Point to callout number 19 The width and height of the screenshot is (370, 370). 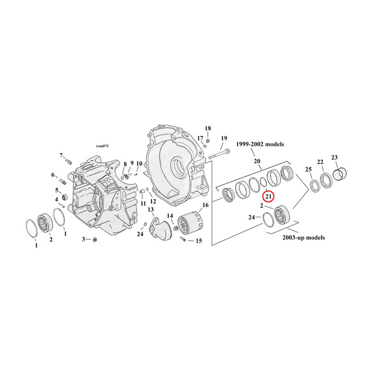tap(224, 138)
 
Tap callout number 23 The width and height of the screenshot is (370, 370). tap(334, 158)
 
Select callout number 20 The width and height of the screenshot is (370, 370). tap(257, 162)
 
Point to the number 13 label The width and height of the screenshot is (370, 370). tap(151, 210)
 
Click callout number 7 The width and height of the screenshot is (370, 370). tap(61, 155)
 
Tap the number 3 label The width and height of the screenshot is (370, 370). tap(84, 239)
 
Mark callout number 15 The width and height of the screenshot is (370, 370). tap(199, 241)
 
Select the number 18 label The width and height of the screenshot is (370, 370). tap(208, 128)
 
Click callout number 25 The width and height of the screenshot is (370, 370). tap(309, 170)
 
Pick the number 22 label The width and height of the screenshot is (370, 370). tap(320, 162)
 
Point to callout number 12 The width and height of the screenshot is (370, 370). tap(153, 202)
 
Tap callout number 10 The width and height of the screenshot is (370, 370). tap(139, 164)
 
